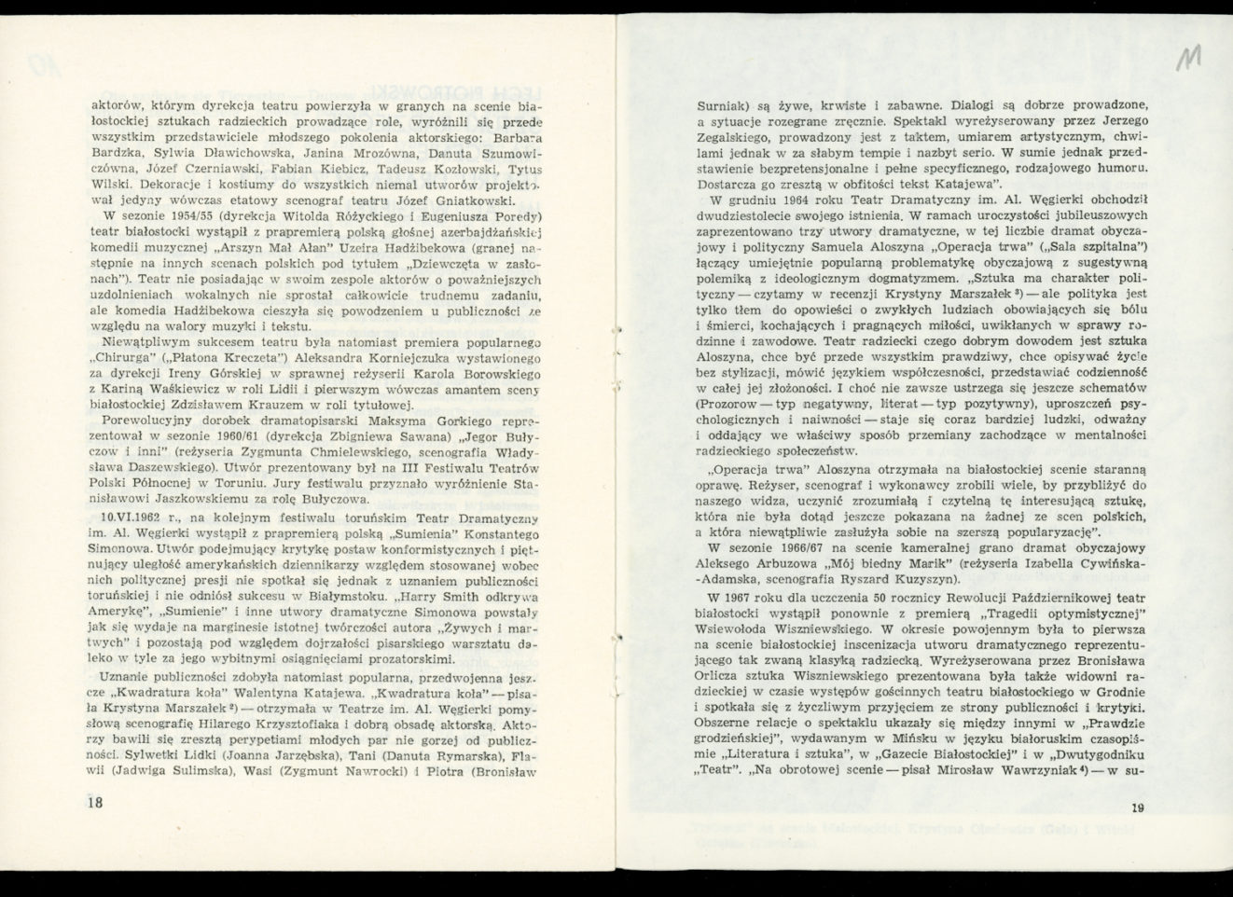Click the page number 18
(x=92, y=803)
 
